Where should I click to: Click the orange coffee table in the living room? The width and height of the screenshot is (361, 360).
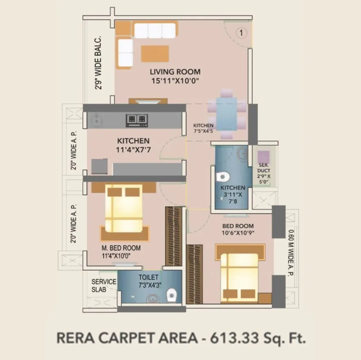point(155,54)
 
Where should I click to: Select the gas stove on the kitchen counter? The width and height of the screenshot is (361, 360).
point(137,119)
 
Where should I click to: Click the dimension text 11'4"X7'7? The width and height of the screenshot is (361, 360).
point(133,150)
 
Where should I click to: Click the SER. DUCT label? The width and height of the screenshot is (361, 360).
point(264,168)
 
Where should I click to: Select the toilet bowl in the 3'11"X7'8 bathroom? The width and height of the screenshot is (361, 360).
point(222,176)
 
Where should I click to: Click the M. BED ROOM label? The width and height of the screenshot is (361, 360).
point(121,248)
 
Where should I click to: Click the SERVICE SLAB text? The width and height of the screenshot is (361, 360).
point(104,286)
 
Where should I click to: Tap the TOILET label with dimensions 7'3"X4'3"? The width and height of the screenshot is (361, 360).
point(148,277)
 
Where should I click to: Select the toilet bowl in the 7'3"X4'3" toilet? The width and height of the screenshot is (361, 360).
point(172,294)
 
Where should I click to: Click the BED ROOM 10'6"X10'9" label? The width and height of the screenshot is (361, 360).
point(238,226)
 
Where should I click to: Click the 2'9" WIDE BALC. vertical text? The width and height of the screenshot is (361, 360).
point(98,63)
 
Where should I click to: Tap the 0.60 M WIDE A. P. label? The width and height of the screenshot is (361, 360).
point(291,254)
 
